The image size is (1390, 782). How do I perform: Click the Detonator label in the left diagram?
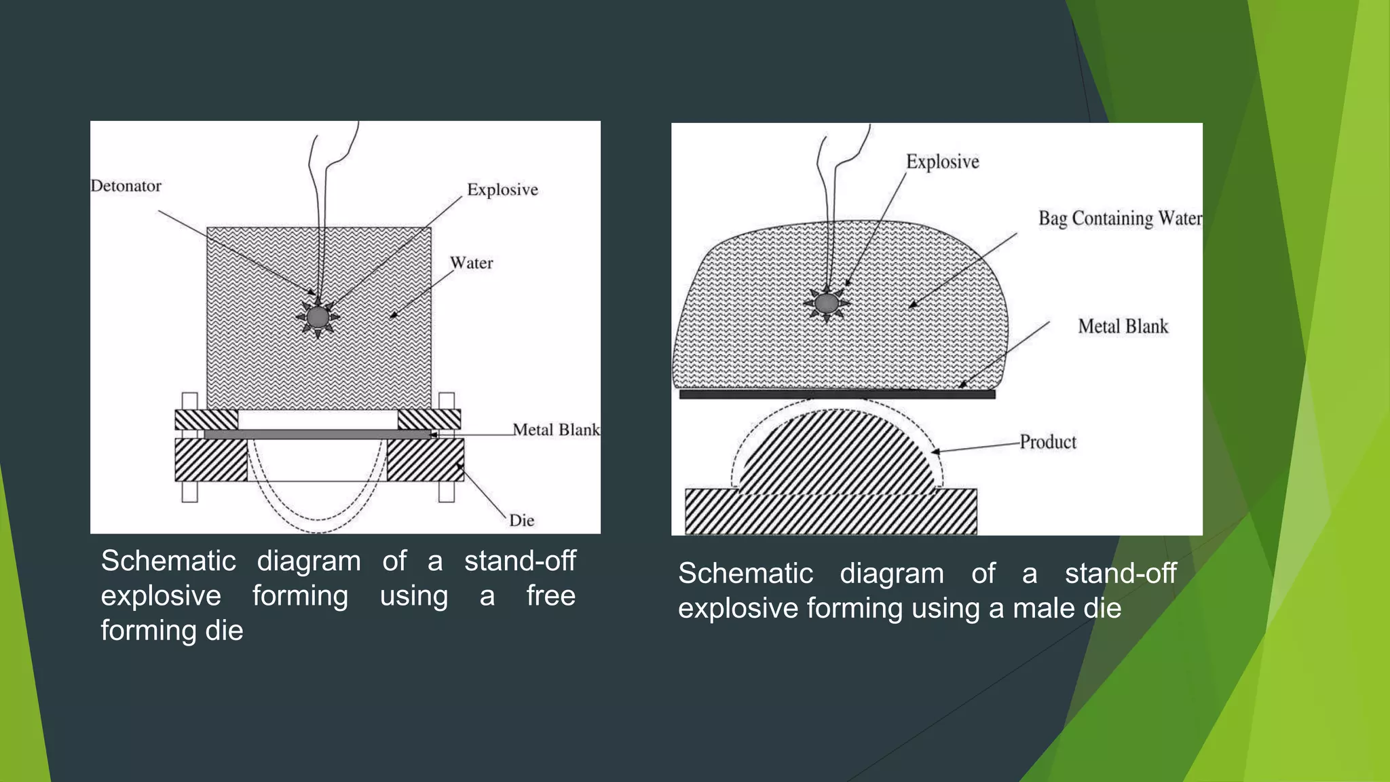coord(126,186)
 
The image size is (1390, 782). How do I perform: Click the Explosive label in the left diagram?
coord(502,189)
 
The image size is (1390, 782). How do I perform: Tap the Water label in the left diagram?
coord(471,263)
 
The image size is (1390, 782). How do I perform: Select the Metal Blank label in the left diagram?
coord(556,430)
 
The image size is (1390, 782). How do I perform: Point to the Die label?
coord(521,521)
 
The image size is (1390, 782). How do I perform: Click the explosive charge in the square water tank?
coord(318,317)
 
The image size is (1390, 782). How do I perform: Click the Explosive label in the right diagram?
coord(942,162)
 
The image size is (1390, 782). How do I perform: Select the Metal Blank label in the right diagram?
coord(1123,327)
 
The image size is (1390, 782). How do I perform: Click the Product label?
coord(1047,443)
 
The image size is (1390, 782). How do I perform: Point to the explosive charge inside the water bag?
coord(826,303)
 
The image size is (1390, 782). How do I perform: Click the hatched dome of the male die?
coord(838,455)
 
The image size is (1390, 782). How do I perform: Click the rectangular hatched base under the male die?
coord(830,512)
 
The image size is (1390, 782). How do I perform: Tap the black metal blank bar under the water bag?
coord(837,394)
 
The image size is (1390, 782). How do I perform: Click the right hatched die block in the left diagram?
coord(425,460)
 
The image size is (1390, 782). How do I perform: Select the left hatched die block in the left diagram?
coord(210,460)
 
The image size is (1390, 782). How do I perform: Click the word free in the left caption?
coord(550,596)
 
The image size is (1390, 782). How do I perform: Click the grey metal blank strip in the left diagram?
coord(317,434)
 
